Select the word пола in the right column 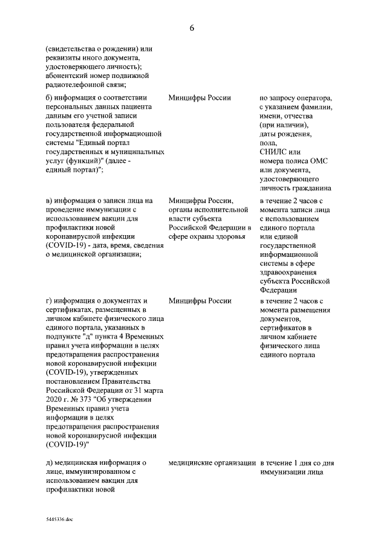[268, 143]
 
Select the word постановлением [76, 381]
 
